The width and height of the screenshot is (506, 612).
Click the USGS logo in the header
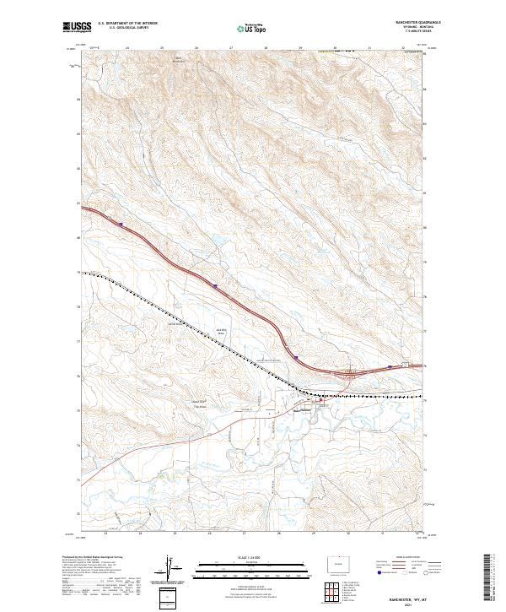(77, 27)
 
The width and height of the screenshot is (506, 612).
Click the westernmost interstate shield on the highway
(121, 225)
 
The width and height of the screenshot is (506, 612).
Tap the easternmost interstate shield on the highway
(390, 367)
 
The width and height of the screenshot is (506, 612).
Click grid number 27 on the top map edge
(231, 48)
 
